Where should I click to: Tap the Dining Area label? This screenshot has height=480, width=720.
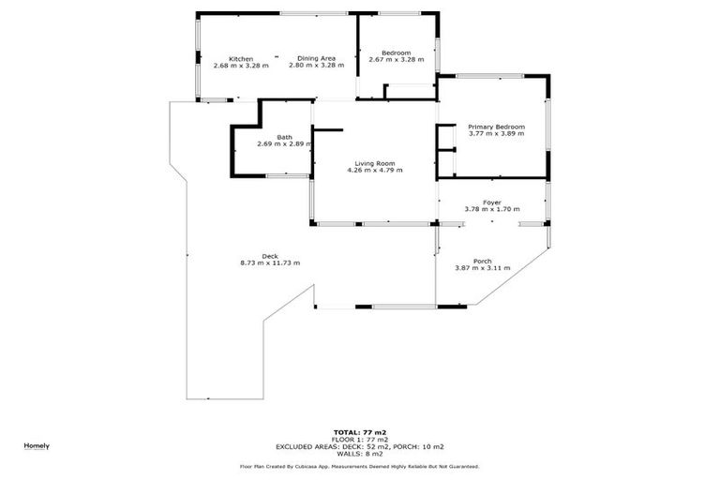317,58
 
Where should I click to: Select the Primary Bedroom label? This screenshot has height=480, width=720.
496,127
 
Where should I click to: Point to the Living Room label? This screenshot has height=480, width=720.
374,162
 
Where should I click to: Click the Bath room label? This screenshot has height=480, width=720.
283,138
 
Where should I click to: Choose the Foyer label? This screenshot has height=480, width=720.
491,202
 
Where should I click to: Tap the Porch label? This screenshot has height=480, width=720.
482,261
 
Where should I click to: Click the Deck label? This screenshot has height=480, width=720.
270,256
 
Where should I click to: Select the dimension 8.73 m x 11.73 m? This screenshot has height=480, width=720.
270,263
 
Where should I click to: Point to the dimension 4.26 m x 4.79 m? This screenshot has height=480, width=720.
374,170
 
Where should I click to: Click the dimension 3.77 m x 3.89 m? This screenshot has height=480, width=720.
496,134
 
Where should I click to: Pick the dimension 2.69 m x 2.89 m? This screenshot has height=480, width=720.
283,144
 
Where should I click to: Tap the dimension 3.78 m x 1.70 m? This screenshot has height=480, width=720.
491,210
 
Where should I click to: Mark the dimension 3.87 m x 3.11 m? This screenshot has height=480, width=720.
482,268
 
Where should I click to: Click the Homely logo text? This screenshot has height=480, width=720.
37,445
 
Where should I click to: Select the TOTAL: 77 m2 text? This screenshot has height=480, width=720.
359,431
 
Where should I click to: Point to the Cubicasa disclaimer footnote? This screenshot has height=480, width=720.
359,466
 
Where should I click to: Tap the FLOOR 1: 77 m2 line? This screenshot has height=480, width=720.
359,439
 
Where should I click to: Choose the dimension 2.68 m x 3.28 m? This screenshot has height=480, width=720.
241,66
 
